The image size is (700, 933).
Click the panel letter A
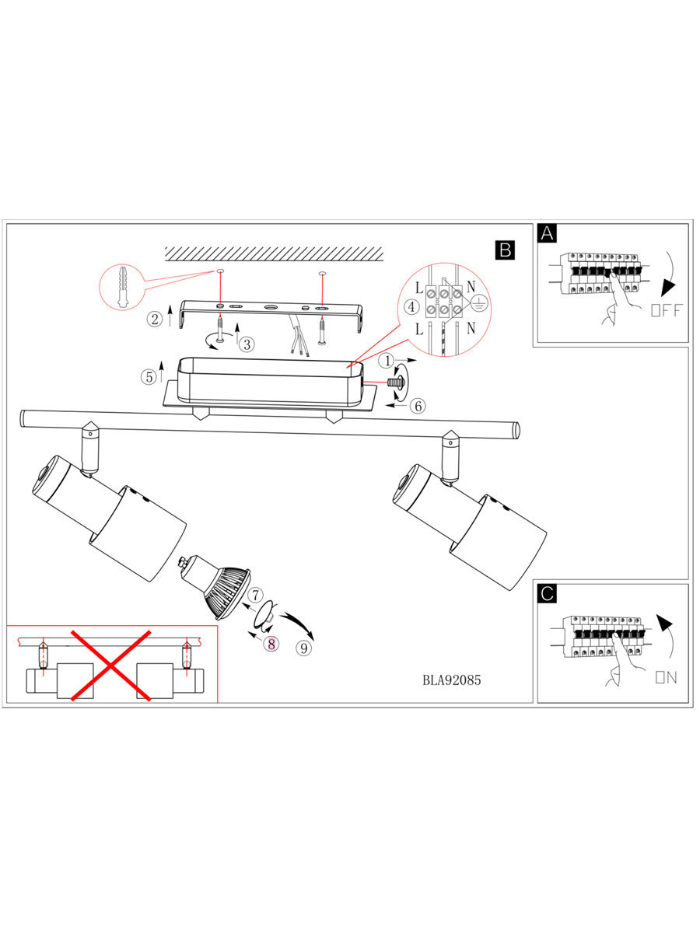coord(548,233)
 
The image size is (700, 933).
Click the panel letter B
coord(504,250)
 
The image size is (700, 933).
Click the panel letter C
coord(548,594)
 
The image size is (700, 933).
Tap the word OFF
coord(665,311)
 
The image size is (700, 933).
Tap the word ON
coord(667,678)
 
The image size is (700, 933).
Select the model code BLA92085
coord(452,680)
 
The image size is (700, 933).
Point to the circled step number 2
coord(156,318)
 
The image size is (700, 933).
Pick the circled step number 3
coord(246,344)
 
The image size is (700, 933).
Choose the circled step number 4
coord(411,307)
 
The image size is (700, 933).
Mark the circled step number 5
coord(149,377)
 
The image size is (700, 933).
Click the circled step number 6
coord(418,406)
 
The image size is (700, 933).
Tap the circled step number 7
coord(254,595)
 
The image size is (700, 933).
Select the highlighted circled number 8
coord(271,644)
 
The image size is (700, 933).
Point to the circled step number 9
coord(304,647)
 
